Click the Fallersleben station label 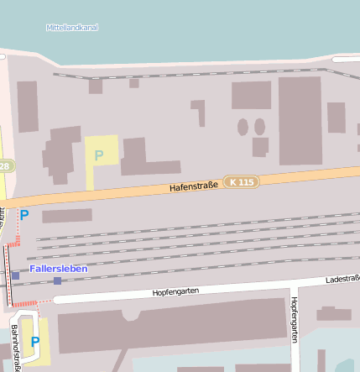click(x=58, y=268)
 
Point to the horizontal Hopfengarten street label click(x=175, y=291)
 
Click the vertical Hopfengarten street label click(x=295, y=319)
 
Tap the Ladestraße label click(x=342, y=278)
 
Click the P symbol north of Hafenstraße click(x=99, y=155)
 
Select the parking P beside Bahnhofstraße click(x=35, y=342)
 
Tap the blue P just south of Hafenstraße click(x=24, y=215)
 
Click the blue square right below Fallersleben click(x=57, y=280)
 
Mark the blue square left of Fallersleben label click(x=15, y=275)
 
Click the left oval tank click(x=243, y=127)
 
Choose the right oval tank click(x=260, y=127)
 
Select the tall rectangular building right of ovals click(x=300, y=120)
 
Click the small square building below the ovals click(x=260, y=146)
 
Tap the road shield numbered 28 click(x=4, y=166)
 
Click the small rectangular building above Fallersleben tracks click(x=67, y=216)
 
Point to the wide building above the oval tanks click(x=251, y=95)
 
